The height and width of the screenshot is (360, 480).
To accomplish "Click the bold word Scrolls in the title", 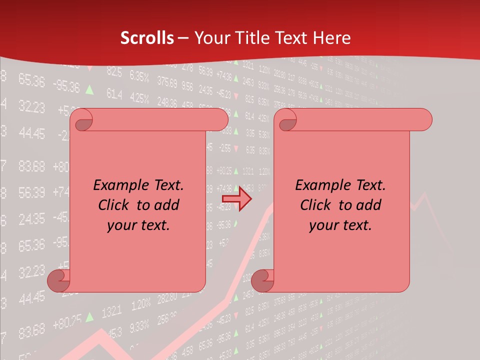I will click(x=147, y=37).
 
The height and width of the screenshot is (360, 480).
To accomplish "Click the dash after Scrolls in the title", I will click(x=183, y=38).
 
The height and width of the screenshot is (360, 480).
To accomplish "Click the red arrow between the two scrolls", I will click(x=236, y=198).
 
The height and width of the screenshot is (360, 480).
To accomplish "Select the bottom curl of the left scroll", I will click(x=57, y=280).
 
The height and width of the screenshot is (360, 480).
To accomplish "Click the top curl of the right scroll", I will click(x=286, y=120).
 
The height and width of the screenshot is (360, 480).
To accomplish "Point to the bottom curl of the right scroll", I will click(x=261, y=280).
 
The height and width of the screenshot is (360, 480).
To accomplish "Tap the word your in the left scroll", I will click(x=119, y=225).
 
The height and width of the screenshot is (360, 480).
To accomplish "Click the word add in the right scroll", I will click(x=368, y=205).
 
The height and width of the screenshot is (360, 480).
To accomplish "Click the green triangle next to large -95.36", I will click(x=89, y=89).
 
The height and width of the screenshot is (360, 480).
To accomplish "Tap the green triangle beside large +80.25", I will click(x=89, y=316).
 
